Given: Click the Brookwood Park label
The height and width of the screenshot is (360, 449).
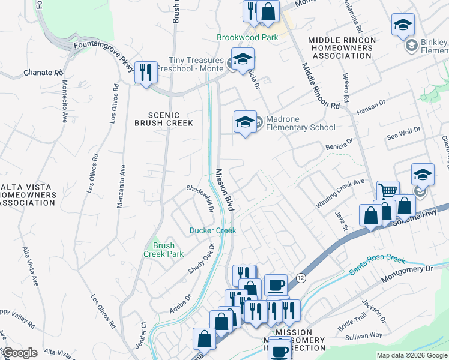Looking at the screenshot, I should coord(247,37).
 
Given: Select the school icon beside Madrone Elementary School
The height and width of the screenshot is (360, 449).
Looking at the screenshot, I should coord(245,122).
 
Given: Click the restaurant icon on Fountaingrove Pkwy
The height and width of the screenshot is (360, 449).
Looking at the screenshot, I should coord(146,73).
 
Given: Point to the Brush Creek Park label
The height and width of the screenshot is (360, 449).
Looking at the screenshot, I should coord(163,250).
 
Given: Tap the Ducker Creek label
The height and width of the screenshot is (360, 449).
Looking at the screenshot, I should coord(212,230).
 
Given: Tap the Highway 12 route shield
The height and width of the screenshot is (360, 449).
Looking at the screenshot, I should coord(301,277).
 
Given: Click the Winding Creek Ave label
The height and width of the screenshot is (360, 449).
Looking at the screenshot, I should coord(340,193).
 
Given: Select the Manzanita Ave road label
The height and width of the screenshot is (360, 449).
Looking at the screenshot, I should coord(121,186).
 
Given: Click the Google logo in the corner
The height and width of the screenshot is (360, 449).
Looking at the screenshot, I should coord(19,353).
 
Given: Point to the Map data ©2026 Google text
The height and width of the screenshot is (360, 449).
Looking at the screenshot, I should coord(411,355).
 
